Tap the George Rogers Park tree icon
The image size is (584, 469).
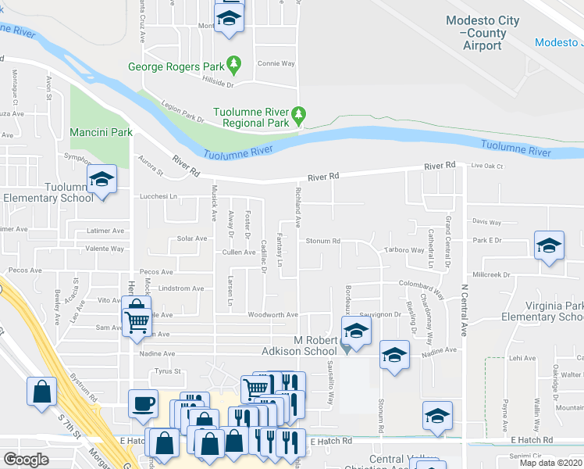(x=233, y=62)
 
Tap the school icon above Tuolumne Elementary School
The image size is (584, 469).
(x=101, y=180)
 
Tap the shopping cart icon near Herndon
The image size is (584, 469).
(x=137, y=320)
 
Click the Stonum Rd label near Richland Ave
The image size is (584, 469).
(x=323, y=242)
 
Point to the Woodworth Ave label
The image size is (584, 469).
(x=273, y=315)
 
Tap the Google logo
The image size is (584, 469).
(x=26, y=460)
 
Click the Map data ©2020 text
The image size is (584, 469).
(x=550, y=463)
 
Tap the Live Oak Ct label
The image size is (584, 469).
(x=488, y=166)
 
